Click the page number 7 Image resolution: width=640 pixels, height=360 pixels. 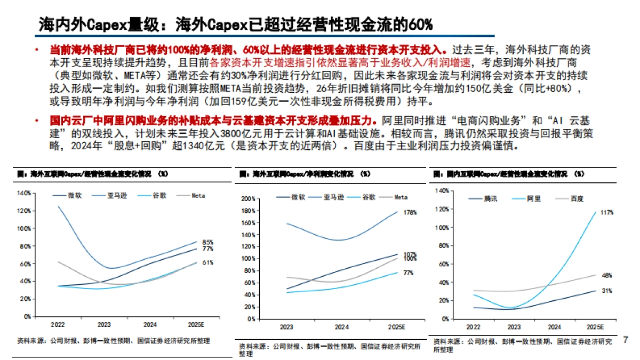click(x=626, y=339)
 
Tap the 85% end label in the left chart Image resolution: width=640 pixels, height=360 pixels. click(x=208, y=243)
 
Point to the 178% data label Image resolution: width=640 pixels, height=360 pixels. click(x=410, y=213)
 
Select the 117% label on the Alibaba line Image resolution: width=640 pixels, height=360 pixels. click(x=606, y=212)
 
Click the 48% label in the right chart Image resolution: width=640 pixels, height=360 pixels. click(x=607, y=275)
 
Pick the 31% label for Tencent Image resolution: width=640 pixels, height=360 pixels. click(x=607, y=291)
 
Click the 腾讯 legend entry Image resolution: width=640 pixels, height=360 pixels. click(x=490, y=198)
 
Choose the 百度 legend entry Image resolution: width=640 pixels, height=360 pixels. click(x=577, y=198)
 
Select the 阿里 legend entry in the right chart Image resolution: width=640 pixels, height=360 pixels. click(x=533, y=198)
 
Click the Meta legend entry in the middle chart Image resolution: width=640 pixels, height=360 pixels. click(x=401, y=197)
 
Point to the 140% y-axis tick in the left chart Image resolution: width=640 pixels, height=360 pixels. click(x=24, y=193)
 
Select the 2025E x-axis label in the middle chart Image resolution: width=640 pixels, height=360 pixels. click(x=397, y=326)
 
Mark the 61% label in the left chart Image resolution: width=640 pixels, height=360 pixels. click(x=208, y=262)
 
